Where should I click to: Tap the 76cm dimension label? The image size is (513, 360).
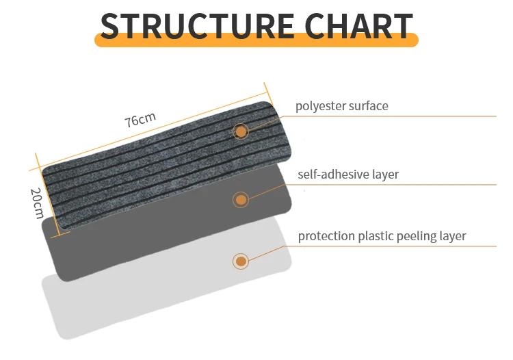coord(140,120)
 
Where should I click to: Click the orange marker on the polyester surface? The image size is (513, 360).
coord(241,131)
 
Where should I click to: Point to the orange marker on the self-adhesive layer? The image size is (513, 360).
coord(240,200)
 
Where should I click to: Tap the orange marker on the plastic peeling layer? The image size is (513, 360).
coord(240,261)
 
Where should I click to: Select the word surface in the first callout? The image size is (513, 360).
coord(368,106)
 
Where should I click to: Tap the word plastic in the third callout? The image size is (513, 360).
coord(376,236)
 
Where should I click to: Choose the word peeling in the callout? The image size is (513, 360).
coord(419,236)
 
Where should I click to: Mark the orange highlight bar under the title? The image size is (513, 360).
coord(256,41)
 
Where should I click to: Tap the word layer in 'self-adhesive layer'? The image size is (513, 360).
coord(385,175)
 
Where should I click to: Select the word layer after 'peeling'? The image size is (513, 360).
coord(453,236)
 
